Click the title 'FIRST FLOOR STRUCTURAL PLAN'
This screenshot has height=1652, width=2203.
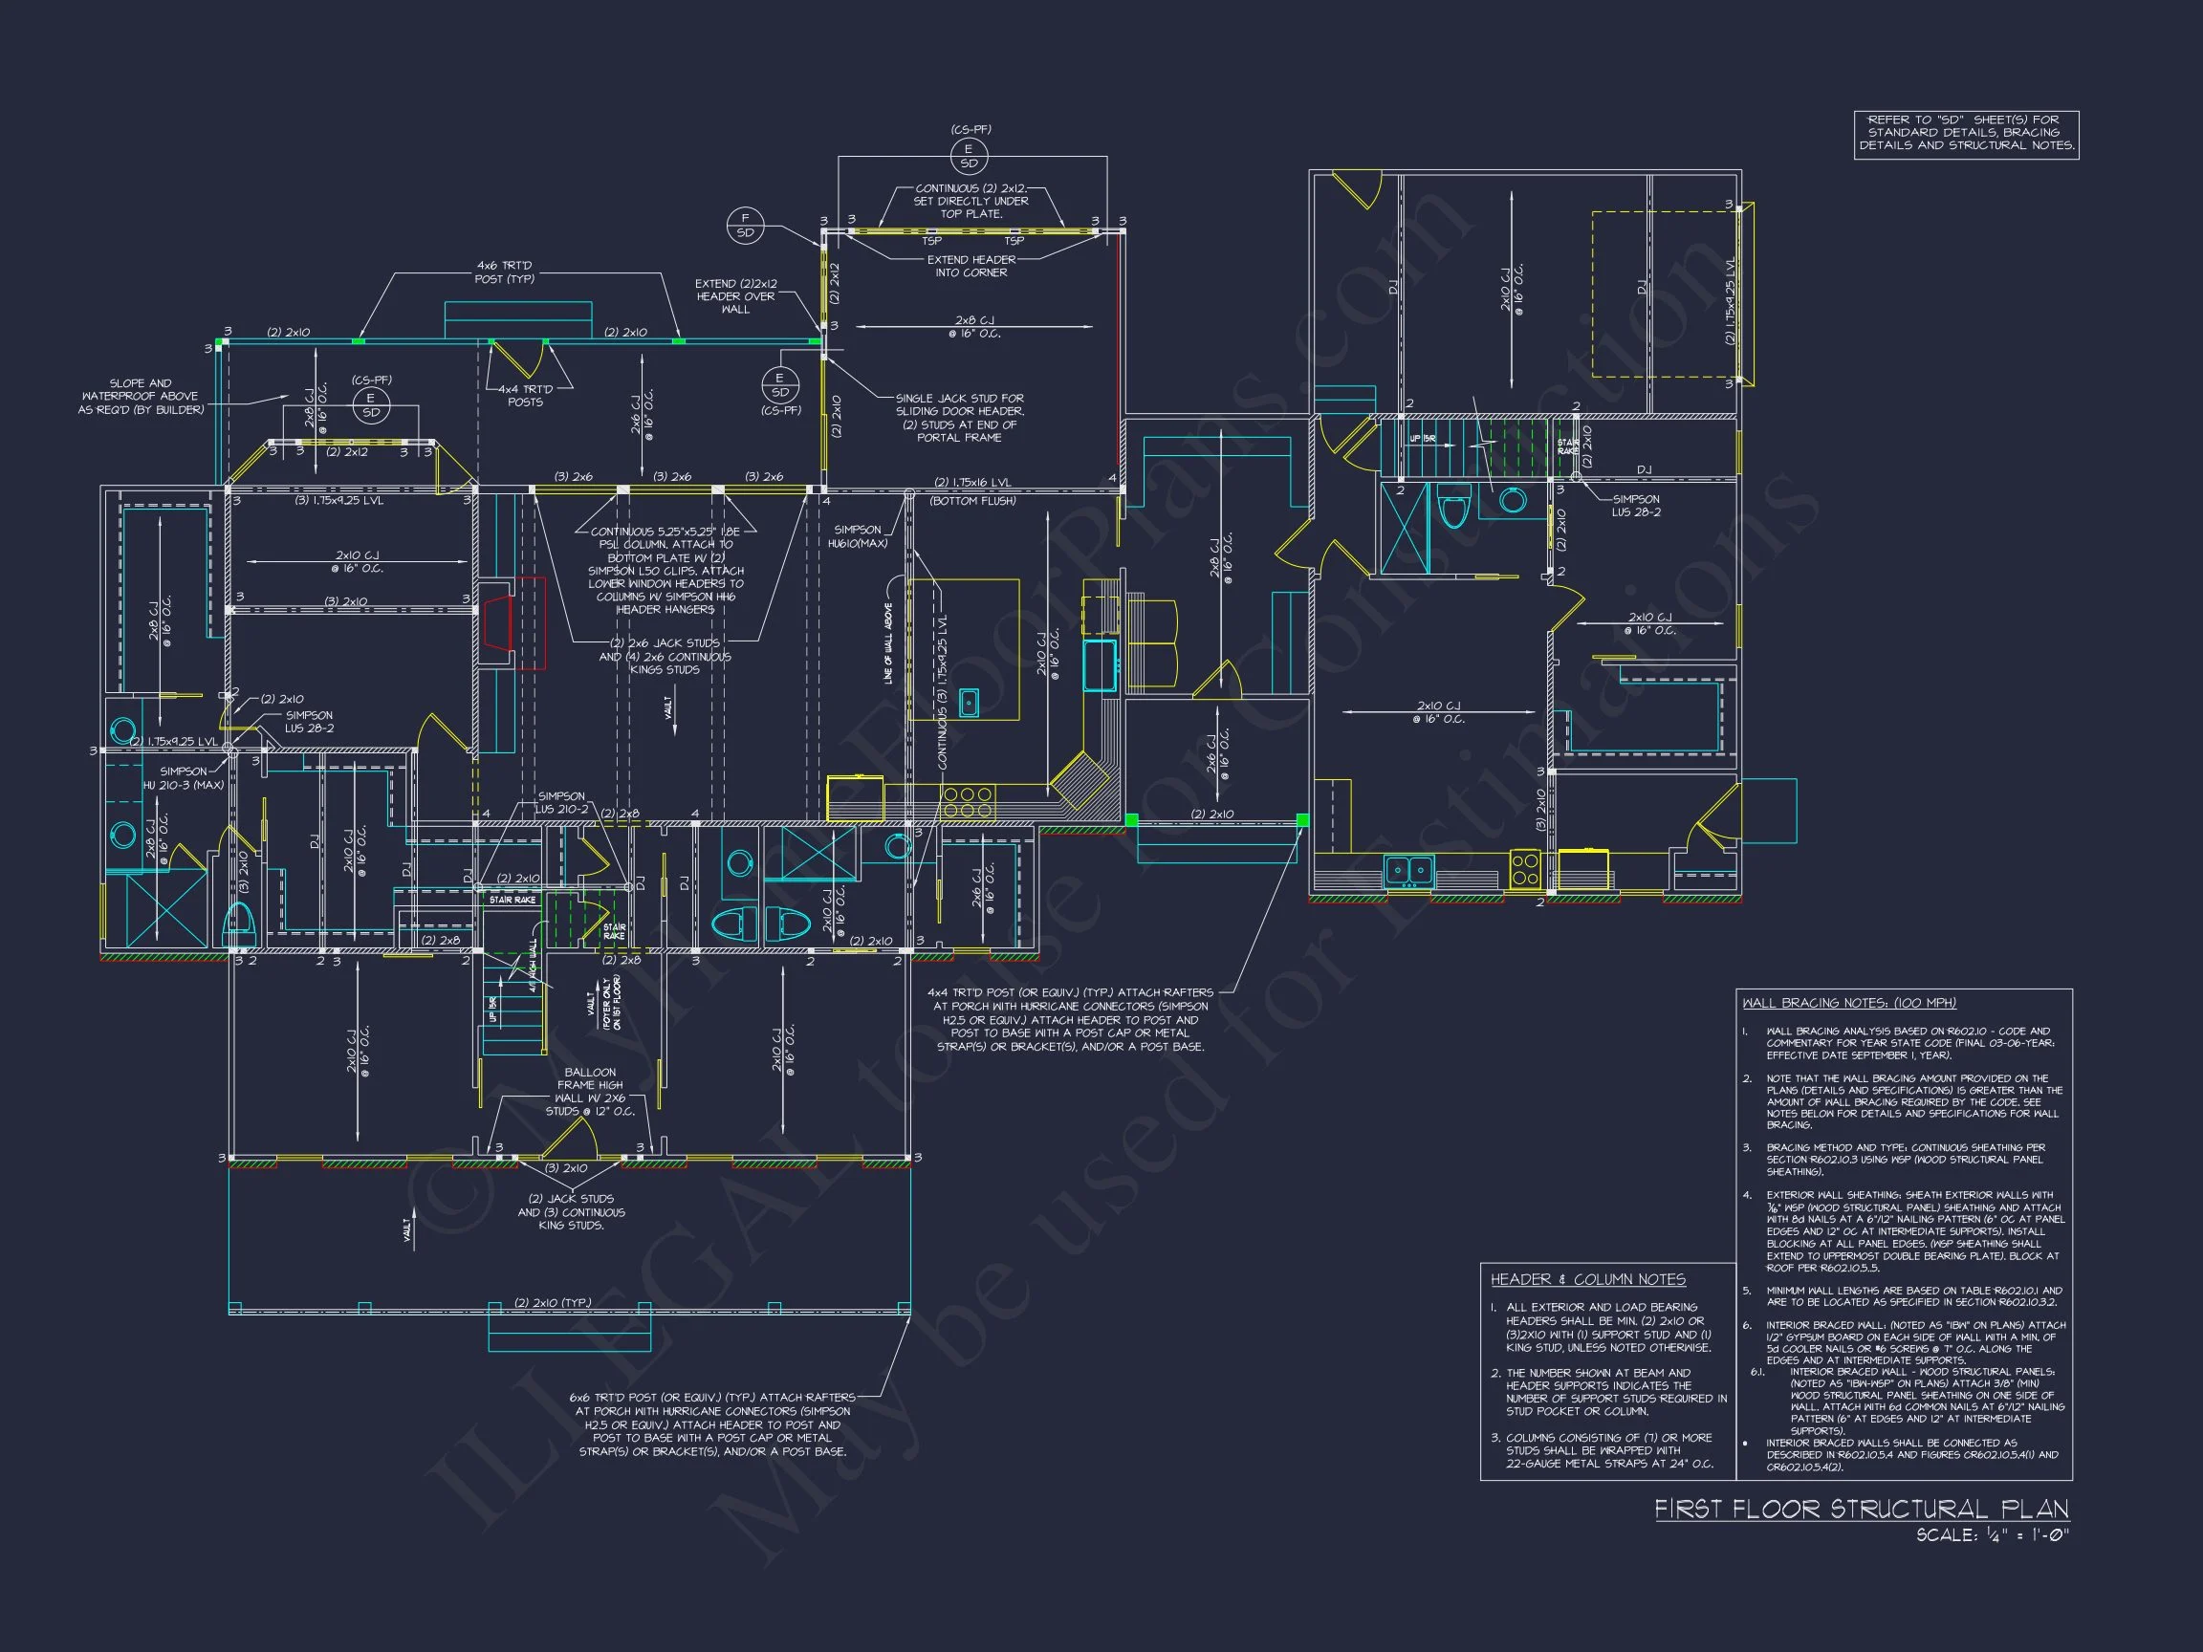(1861, 1509)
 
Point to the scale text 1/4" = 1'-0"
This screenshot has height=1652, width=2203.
(1993, 1535)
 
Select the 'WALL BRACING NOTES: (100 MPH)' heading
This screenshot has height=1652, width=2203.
(1848, 1003)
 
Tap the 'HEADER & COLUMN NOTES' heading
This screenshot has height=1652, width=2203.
(1587, 1279)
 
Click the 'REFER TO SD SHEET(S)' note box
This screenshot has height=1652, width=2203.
(1966, 133)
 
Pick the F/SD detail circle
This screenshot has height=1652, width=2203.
(745, 225)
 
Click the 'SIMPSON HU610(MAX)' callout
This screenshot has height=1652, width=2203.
(857, 536)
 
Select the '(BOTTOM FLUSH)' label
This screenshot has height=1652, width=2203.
(972, 501)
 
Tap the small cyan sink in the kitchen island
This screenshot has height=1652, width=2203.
(969, 702)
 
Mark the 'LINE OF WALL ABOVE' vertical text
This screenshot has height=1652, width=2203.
(887, 643)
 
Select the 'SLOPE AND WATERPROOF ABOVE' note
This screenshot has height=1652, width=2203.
(141, 397)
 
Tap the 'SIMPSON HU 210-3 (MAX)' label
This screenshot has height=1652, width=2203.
(184, 777)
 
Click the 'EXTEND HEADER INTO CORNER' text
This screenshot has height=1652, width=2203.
(971, 266)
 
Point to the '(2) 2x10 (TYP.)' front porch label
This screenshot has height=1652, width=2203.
(553, 1302)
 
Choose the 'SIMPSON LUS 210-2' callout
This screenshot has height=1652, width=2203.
(560, 801)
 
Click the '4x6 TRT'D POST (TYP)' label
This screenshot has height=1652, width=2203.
(504, 272)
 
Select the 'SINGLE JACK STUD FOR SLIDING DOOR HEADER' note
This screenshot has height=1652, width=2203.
(958, 417)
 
